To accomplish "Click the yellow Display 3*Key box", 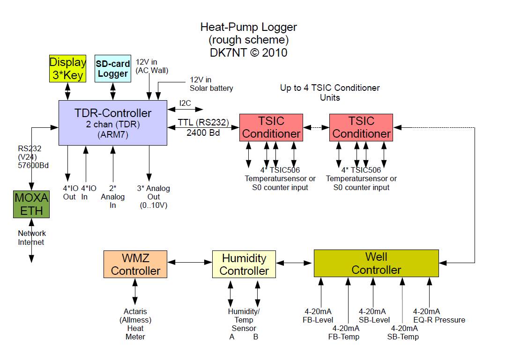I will [x=68, y=68].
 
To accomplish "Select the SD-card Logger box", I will [x=112, y=68].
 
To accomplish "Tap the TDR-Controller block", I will [x=113, y=123].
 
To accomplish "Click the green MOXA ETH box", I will [x=31, y=205].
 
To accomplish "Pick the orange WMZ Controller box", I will [x=135, y=264].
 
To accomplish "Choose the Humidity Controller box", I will [x=244, y=264].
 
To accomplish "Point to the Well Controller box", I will [x=376, y=263].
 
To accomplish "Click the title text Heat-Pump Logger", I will [x=248, y=27].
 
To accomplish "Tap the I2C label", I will [x=186, y=103].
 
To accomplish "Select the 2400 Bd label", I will [x=202, y=133].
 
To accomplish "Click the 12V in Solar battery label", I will [x=211, y=84].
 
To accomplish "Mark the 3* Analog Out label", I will [x=154, y=197].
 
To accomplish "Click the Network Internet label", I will [x=31, y=238].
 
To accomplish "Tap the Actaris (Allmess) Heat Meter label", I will [x=135, y=324].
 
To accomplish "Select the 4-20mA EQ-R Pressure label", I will [x=439, y=316].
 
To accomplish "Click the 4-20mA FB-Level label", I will [x=318, y=316].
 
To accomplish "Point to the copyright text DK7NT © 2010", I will [x=248, y=52].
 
